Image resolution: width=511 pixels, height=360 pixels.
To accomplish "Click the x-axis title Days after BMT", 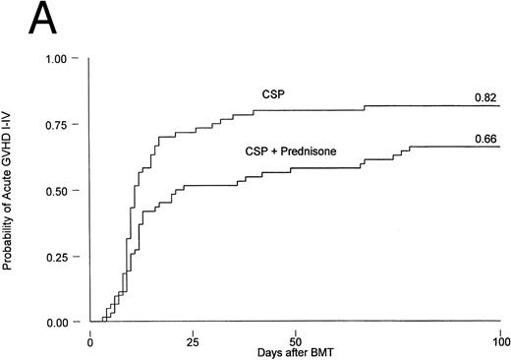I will (x=295, y=352).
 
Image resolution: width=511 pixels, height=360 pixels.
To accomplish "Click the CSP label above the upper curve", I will (x=258, y=93).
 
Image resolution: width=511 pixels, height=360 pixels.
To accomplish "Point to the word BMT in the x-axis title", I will (x=320, y=352).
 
